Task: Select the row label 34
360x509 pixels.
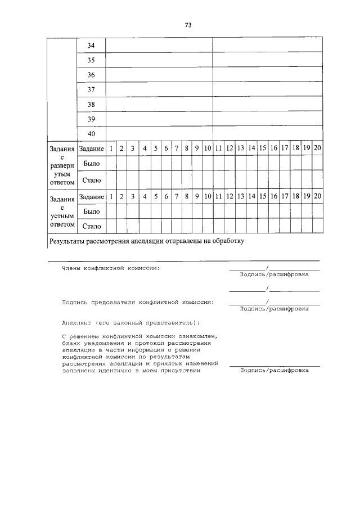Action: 91,46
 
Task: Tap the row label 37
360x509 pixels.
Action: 91,90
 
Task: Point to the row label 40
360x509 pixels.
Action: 91,134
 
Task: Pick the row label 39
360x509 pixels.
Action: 91,119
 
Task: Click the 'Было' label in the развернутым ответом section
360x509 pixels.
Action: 91,163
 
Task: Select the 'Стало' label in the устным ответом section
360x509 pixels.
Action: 91,227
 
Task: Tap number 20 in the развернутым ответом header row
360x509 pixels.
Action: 317,148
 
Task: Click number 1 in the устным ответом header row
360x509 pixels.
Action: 111,197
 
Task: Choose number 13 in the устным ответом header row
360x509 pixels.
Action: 240,197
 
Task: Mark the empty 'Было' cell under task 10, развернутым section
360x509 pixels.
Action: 207,163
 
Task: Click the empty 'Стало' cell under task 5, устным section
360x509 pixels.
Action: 155,227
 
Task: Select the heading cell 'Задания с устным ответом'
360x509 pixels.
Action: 61,211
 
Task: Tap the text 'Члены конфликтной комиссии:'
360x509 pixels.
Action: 110,268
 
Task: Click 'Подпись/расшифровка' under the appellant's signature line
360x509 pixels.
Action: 274,371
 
